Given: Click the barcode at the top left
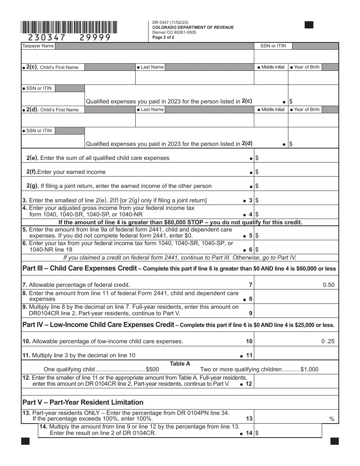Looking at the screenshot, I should [x=69, y=28].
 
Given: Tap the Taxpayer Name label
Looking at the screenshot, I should [x=38, y=46].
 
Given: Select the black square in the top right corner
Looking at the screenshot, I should [x=309, y=25].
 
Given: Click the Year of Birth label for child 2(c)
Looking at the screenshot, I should [x=307, y=67].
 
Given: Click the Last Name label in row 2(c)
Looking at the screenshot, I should [x=152, y=67].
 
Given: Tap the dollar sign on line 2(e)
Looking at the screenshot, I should [x=257, y=158].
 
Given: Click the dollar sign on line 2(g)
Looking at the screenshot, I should [x=257, y=186].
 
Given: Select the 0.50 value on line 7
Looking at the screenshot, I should [x=329, y=285].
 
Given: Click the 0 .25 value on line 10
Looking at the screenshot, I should [x=328, y=341].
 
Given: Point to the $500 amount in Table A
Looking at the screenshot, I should [x=152, y=369].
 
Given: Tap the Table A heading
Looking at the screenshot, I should [x=180, y=364].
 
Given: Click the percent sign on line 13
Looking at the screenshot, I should [x=332, y=419].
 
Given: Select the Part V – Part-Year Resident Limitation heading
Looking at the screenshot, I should [x=83, y=402].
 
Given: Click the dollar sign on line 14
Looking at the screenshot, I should [x=257, y=433].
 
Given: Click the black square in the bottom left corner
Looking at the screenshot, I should [x=25, y=441].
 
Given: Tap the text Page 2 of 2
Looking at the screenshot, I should [x=163, y=37].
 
